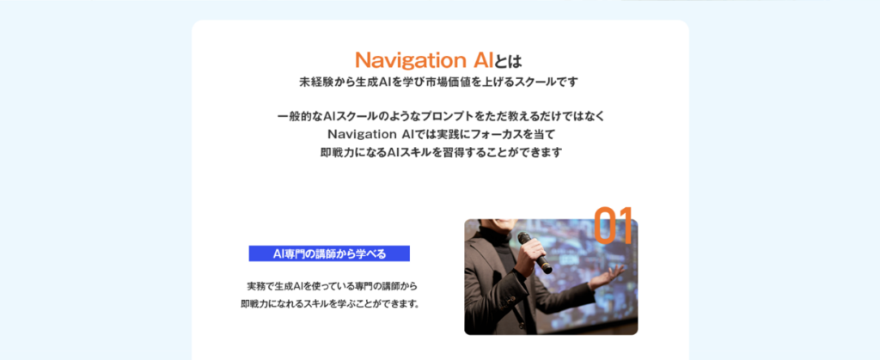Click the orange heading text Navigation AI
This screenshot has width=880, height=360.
click(x=425, y=60)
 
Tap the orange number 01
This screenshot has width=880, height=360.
click(x=614, y=225)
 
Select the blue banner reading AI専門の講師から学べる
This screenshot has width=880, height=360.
click(x=329, y=253)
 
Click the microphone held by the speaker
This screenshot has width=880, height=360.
click(x=535, y=252)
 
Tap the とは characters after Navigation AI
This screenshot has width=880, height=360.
click(x=509, y=60)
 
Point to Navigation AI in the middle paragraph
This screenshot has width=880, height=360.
click(x=370, y=135)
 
